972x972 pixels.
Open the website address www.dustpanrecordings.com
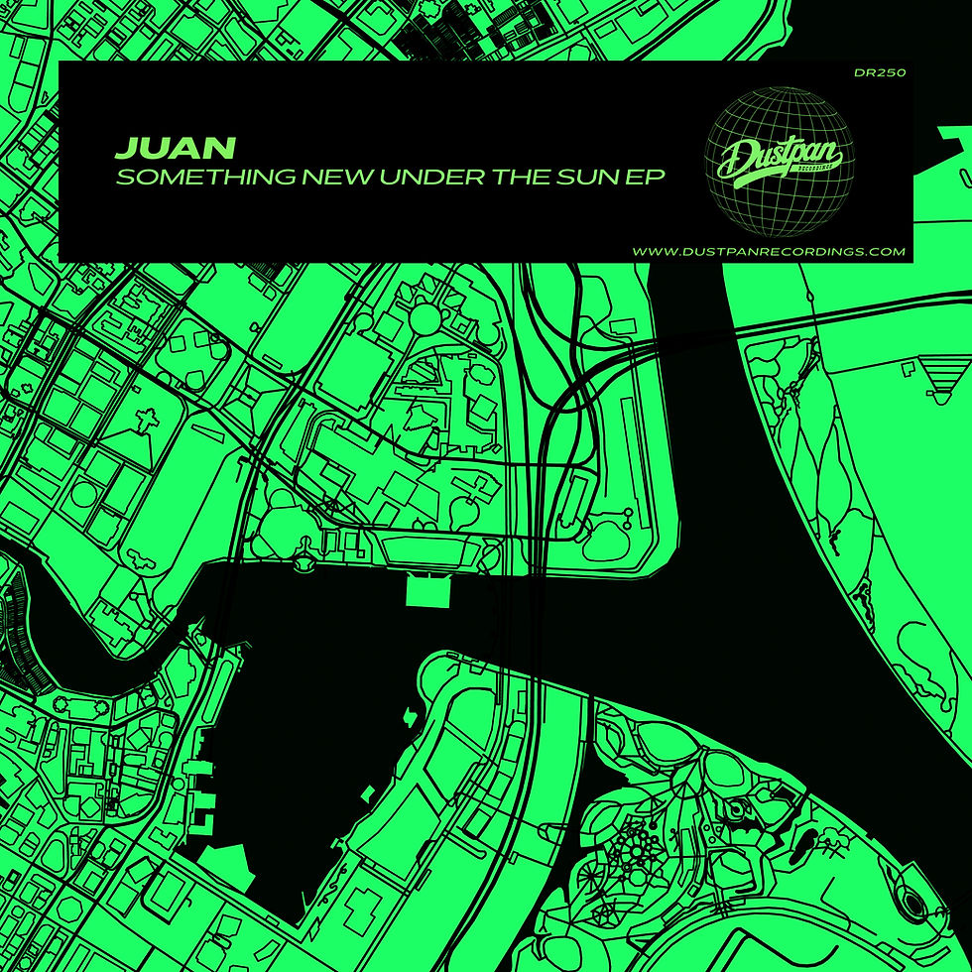coord(769,252)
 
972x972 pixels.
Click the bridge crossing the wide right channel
coord(843,308)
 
